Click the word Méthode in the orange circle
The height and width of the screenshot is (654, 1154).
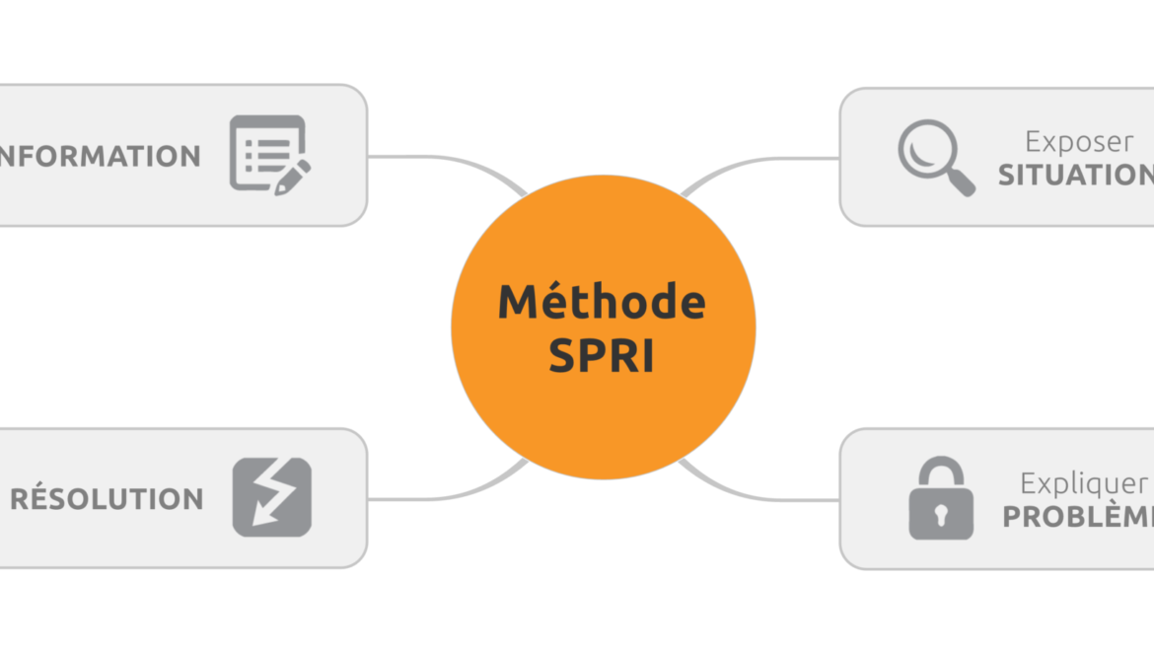pos(602,302)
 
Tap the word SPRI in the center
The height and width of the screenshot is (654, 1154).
pos(602,356)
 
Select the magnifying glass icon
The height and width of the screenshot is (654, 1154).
pos(935,157)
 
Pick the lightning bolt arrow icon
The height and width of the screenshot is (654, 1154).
pos(271,497)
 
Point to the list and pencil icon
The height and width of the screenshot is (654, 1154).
pos(269,155)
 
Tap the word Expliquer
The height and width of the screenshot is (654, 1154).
pos(1083,484)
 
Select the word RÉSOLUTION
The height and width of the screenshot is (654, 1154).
pos(107,499)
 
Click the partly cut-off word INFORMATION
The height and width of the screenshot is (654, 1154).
pos(99,156)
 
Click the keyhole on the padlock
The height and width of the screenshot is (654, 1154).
pos(940,514)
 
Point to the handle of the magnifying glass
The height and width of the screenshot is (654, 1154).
pos(960,182)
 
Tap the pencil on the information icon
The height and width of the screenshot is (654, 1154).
pos(293,177)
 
